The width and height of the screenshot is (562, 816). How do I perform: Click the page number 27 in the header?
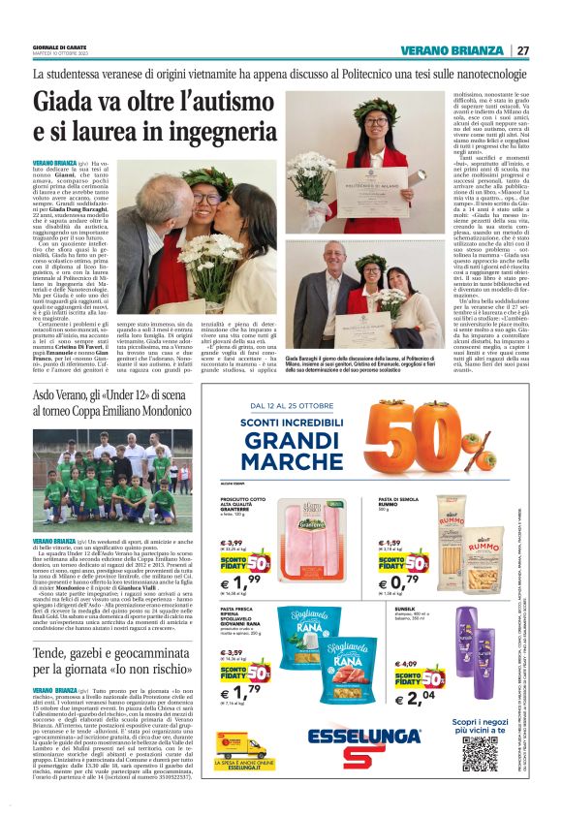pos(523,50)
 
